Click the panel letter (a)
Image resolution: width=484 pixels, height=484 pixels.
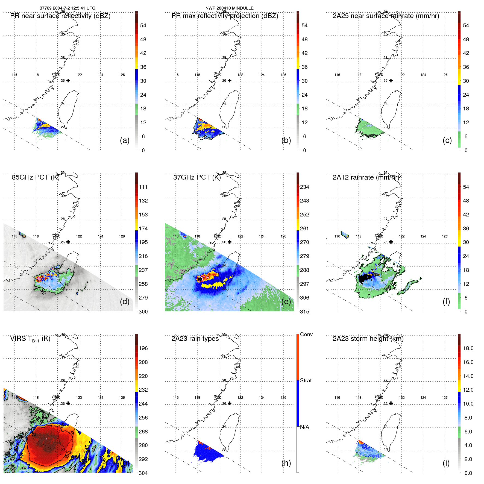coord(125,140)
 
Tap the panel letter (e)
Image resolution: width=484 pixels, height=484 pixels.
coord(286,302)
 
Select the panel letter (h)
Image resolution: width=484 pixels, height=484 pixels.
coord(286,463)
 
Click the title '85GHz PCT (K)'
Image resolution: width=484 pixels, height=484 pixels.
coord(36,177)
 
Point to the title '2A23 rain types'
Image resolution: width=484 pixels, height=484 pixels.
coord(195,339)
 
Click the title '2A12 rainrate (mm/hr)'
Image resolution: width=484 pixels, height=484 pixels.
coord(366,177)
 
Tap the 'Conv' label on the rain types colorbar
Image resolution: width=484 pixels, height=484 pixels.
coord(306,334)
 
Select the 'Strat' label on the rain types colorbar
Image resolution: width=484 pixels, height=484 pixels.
coord(306,380)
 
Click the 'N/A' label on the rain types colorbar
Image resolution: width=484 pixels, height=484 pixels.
coord(304,427)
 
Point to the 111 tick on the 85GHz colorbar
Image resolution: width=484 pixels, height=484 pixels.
coord(143,187)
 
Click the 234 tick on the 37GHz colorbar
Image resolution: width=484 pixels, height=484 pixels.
coord(304,187)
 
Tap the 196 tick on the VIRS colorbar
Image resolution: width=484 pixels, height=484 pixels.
coord(143,348)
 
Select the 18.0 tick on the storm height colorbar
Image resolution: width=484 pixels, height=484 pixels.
coord(468,348)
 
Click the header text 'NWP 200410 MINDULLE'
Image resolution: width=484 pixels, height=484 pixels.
coord(229,8)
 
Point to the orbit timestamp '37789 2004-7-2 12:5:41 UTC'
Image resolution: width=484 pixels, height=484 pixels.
coord(68,8)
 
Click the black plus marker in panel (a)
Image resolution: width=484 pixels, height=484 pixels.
coord(68,81)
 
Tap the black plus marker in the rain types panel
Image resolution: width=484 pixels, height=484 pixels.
coord(230,403)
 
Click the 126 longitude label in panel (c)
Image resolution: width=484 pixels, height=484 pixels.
coord(445,75)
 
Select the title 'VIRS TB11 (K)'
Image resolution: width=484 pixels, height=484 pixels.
coord(30,339)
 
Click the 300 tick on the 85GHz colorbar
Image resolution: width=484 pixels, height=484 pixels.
coord(143,312)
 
